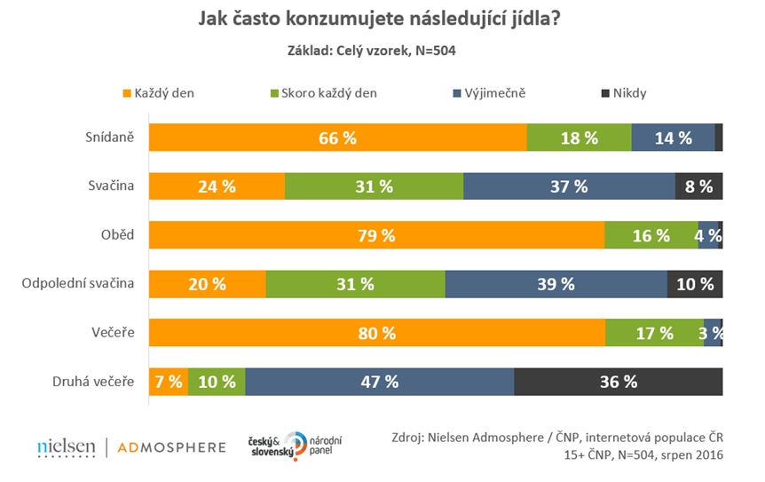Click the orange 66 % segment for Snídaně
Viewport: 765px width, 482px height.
(337, 138)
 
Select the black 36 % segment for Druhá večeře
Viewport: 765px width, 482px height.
(619, 382)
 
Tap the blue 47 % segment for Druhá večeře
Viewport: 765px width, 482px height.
(380, 382)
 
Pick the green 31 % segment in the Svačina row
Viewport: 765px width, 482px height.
(374, 186)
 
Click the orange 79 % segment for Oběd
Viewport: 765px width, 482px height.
(376, 235)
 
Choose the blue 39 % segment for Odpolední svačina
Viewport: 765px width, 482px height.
(556, 284)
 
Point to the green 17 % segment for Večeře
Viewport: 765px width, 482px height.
(654, 333)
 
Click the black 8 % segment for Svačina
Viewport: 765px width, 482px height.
(699, 186)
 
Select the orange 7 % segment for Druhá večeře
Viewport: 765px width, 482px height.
(169, 382)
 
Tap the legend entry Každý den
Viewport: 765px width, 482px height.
(160, 92)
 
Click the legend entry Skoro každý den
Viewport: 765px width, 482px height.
(324, 92)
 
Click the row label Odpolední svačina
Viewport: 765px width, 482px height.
(77, 284)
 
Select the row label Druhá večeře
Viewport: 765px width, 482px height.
(92, 382)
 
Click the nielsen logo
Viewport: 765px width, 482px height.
(67, 447)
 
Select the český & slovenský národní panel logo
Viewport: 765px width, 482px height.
(296, 446)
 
